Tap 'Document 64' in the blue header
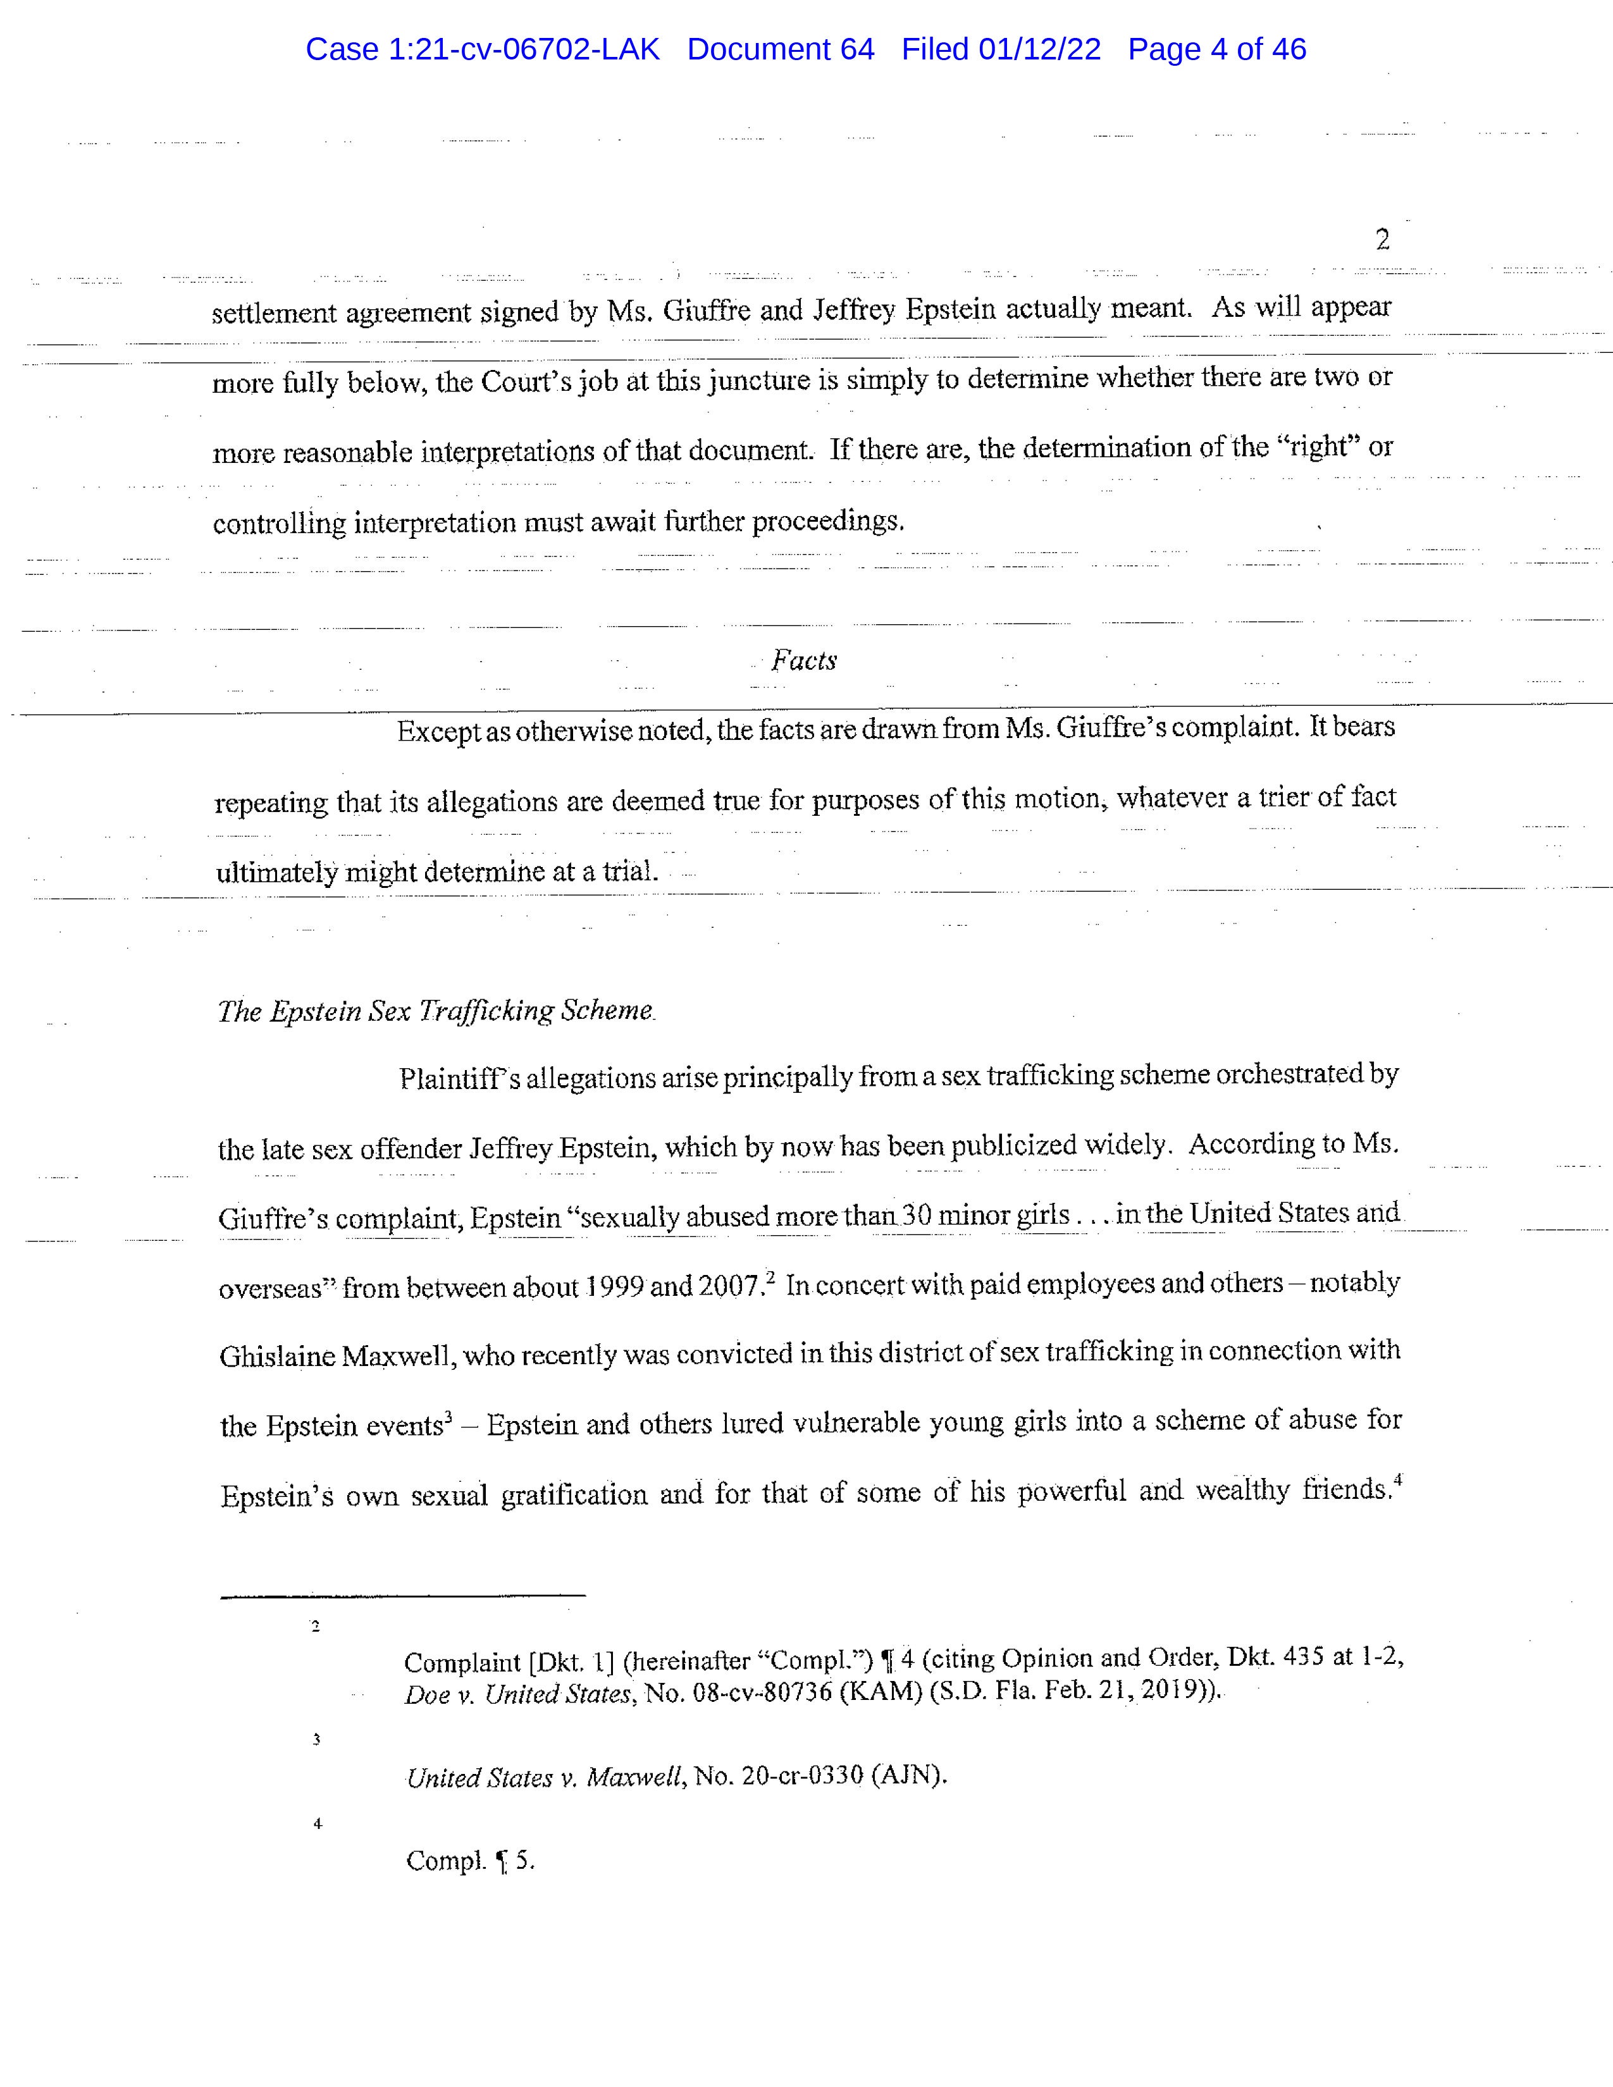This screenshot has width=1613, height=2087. click(x=780, y=50)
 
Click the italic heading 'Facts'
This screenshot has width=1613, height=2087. click(x=803, y=660)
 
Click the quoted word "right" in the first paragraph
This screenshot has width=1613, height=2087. click(x=1318, y=447)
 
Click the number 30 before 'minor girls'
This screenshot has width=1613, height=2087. click(x=917, y=1216)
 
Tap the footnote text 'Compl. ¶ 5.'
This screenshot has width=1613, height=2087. click(x=469, y=1861)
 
